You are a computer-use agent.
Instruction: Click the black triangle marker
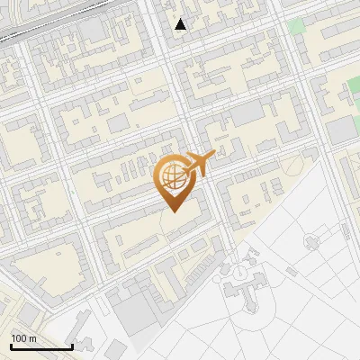[x=181, y=24]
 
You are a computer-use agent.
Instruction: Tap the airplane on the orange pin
[x=198, y=164]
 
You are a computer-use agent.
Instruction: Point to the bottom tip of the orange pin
[x=173, y=212]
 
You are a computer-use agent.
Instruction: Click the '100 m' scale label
[x=23, y=338]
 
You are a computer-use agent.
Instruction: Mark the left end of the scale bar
[x=11, y=346]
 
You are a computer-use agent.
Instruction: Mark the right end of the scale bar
[x=72, y=346]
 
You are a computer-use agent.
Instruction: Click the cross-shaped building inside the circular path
[x=311, y=241]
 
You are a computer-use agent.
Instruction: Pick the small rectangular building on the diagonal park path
[x=291, y=272]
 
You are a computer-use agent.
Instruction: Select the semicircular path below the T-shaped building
[x=241, y=310]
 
